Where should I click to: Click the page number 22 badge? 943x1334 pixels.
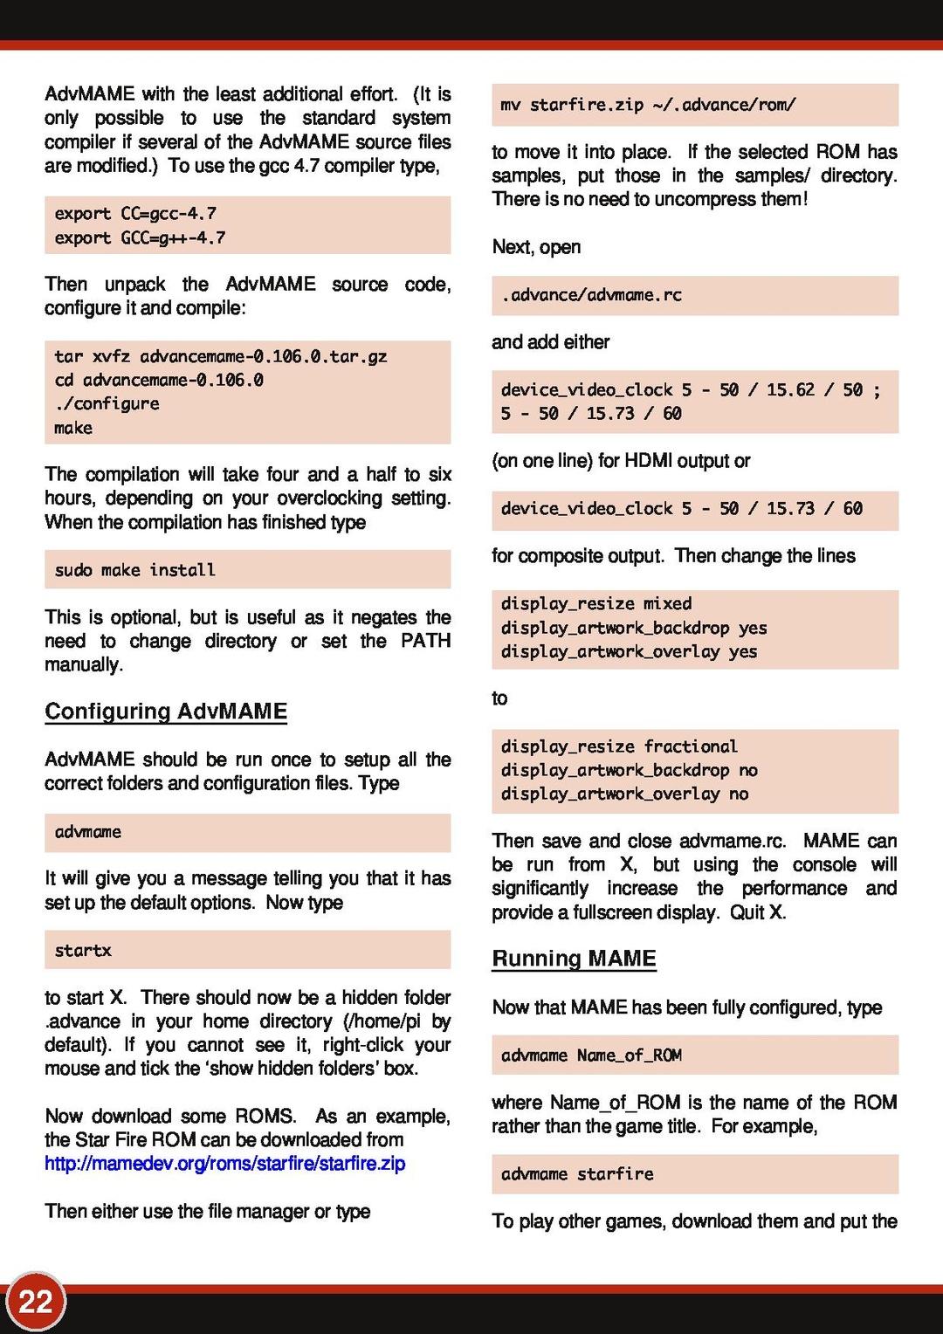[x=36, y=1302]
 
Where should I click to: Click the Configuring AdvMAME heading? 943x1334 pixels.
[x=166, y=712]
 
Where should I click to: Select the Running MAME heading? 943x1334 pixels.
[x=574, y=959]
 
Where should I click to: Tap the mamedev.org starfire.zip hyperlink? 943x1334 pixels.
[x=225, y=1164]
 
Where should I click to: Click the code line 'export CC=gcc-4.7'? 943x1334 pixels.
[x=135, y=214]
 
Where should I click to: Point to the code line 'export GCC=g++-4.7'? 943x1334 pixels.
[x=140, y=237]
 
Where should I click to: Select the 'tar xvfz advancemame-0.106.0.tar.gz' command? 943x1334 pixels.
[x=220, y=356]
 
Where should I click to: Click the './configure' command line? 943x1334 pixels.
[x=107, y=404]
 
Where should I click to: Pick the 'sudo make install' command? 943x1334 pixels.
[x=134, y=570]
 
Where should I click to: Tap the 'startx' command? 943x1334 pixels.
[x=83, y=951]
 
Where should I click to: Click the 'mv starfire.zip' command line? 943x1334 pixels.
[x=648, y=105]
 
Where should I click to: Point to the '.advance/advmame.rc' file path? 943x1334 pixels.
[x=591, y=295]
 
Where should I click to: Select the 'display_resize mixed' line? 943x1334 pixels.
[x=596, y=604]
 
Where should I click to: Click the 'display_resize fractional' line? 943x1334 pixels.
[x=619, y=746]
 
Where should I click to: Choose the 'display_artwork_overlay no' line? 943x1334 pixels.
[x=624, y=794]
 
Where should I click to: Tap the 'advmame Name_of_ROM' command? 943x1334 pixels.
[x=591, y=1056]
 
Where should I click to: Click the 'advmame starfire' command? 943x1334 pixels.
[x=577, y=1174]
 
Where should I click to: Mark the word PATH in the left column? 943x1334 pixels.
[x=425, y=641]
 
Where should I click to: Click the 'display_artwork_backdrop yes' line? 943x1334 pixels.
[x=634, y=628]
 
